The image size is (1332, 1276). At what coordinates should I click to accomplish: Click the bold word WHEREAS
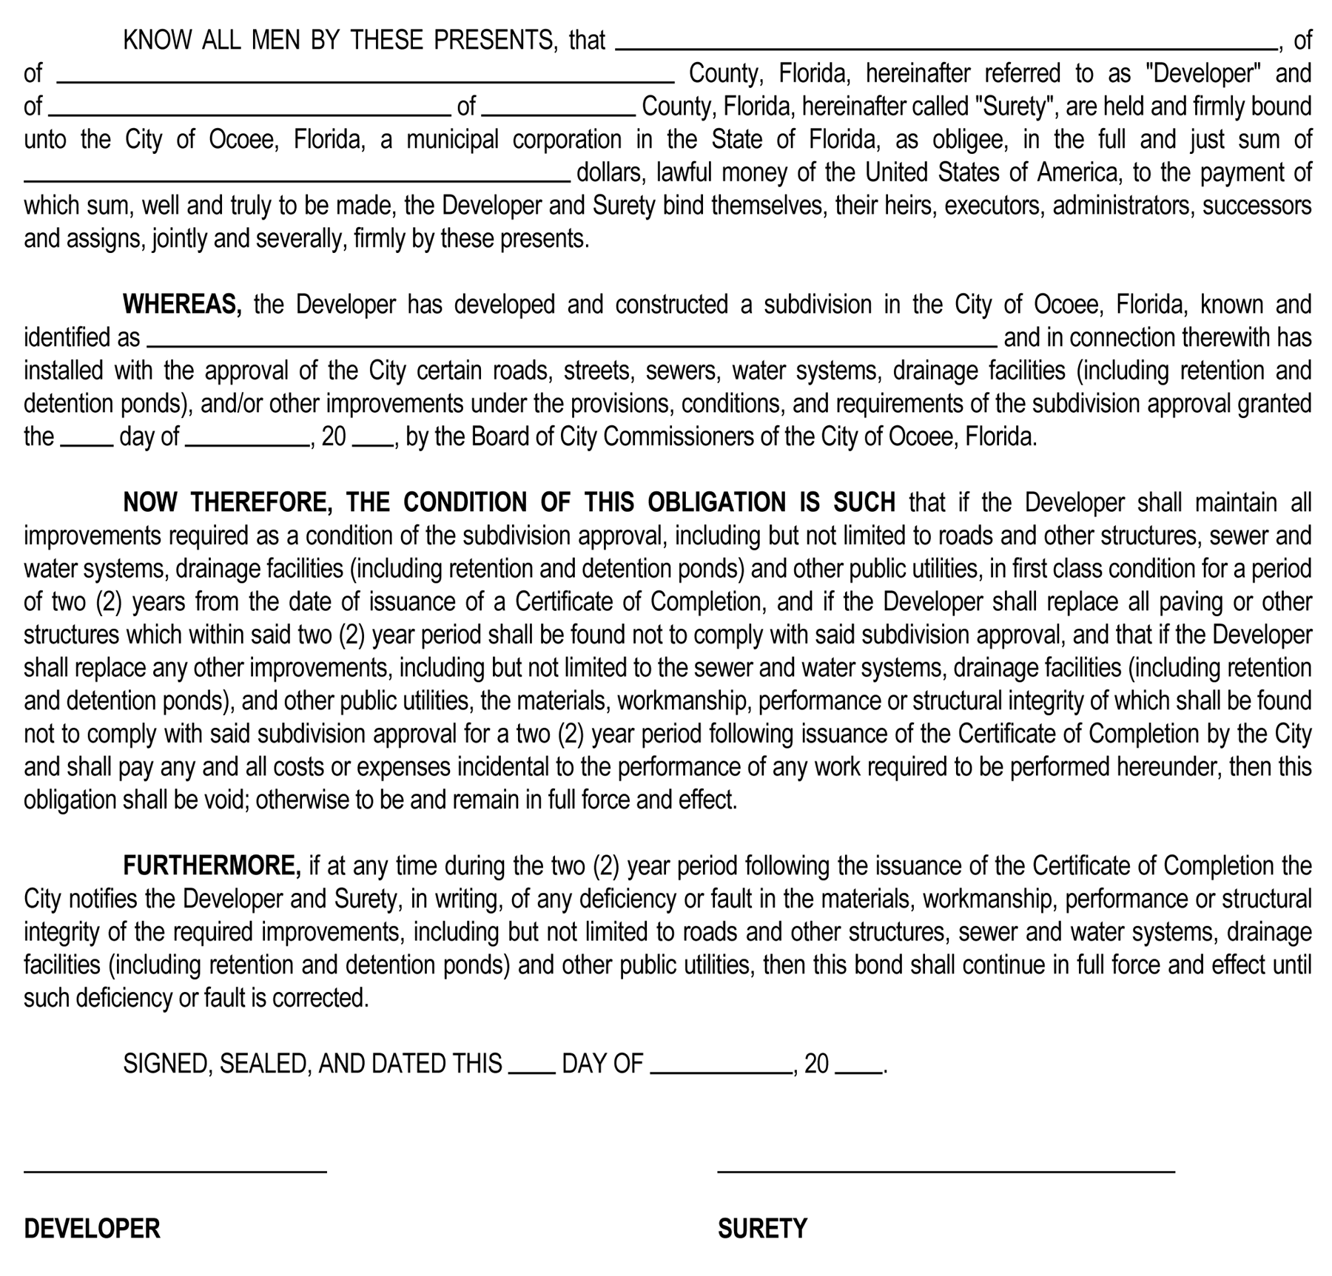181,304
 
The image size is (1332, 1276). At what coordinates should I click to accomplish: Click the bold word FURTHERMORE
212,865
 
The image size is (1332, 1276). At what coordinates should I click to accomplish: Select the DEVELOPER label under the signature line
92,1229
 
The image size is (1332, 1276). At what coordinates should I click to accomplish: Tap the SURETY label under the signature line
762,1229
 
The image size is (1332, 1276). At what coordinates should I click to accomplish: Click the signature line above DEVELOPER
175,1171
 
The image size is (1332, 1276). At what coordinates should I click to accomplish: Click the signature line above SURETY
946,1171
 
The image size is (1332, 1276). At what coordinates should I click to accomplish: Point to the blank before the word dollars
297,180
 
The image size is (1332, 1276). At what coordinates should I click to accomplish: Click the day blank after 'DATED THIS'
532,1072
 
